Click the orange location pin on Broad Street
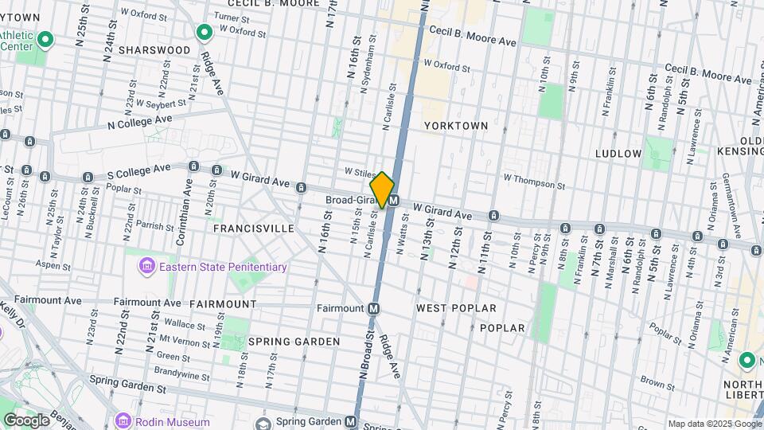click(382, 190)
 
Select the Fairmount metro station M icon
click(373, 308)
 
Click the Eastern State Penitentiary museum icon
click(146, 267)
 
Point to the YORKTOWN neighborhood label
click(454, 126)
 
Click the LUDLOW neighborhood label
click(618, 153)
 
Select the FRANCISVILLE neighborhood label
click(253, 229)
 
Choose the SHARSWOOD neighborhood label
click(154, 50)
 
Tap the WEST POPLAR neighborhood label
click(456, 308)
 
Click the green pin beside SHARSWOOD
click(205, 33)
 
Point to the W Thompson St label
click(534, 181)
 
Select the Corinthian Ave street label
click(189, 203)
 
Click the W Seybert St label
click(161, 103)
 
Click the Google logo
click(26, 420)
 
